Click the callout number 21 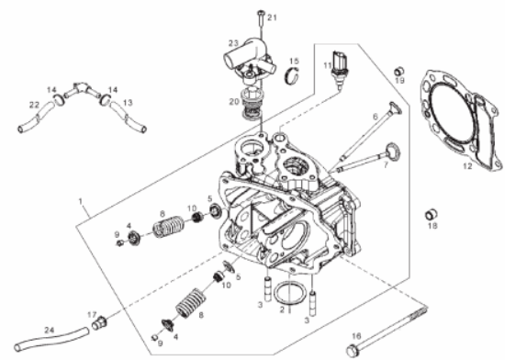[272, 17]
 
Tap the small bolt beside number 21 [261, 19]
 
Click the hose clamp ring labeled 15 [292, 76]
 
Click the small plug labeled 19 [399, 71]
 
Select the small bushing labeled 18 [431, 214]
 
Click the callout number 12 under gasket [467, 166]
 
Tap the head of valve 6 [395, 108]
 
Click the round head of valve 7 [392, 151]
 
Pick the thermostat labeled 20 [252, 104]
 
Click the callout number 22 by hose [34, 105]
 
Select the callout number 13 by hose [128, 103]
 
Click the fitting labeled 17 [99, 322]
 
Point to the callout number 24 [50, 331]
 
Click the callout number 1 [81, 201]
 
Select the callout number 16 [356, 336]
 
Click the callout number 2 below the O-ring [282, 310]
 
